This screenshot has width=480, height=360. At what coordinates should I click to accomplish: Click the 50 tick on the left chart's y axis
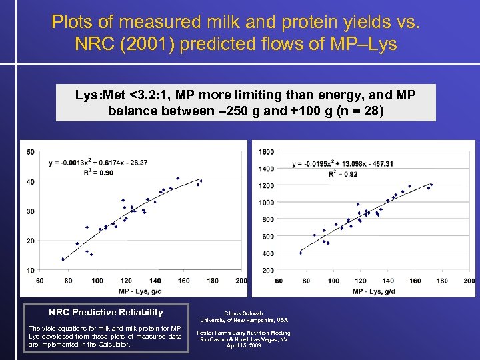(x=31, y=152)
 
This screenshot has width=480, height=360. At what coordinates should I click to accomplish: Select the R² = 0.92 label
(x=343, y=174)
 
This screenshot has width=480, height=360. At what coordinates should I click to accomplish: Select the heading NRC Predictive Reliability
(x=105, y=312)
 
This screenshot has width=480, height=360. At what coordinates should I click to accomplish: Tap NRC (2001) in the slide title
(x=119, y=45)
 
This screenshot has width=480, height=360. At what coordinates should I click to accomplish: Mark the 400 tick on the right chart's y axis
(x=266, y=253)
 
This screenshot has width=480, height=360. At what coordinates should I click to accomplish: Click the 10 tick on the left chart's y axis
(x=31, y=270)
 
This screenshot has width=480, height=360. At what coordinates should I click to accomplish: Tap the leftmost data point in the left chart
(x=63, y=259)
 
